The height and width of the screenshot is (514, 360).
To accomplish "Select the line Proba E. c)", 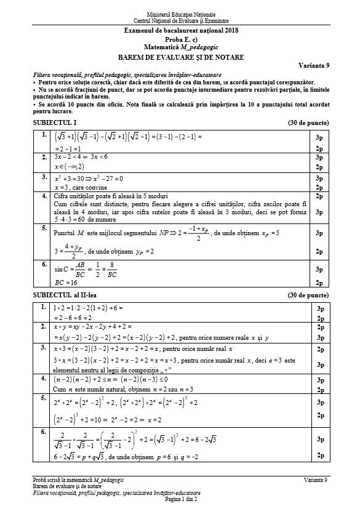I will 180,39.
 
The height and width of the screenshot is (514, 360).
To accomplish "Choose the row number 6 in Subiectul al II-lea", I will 43,432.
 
